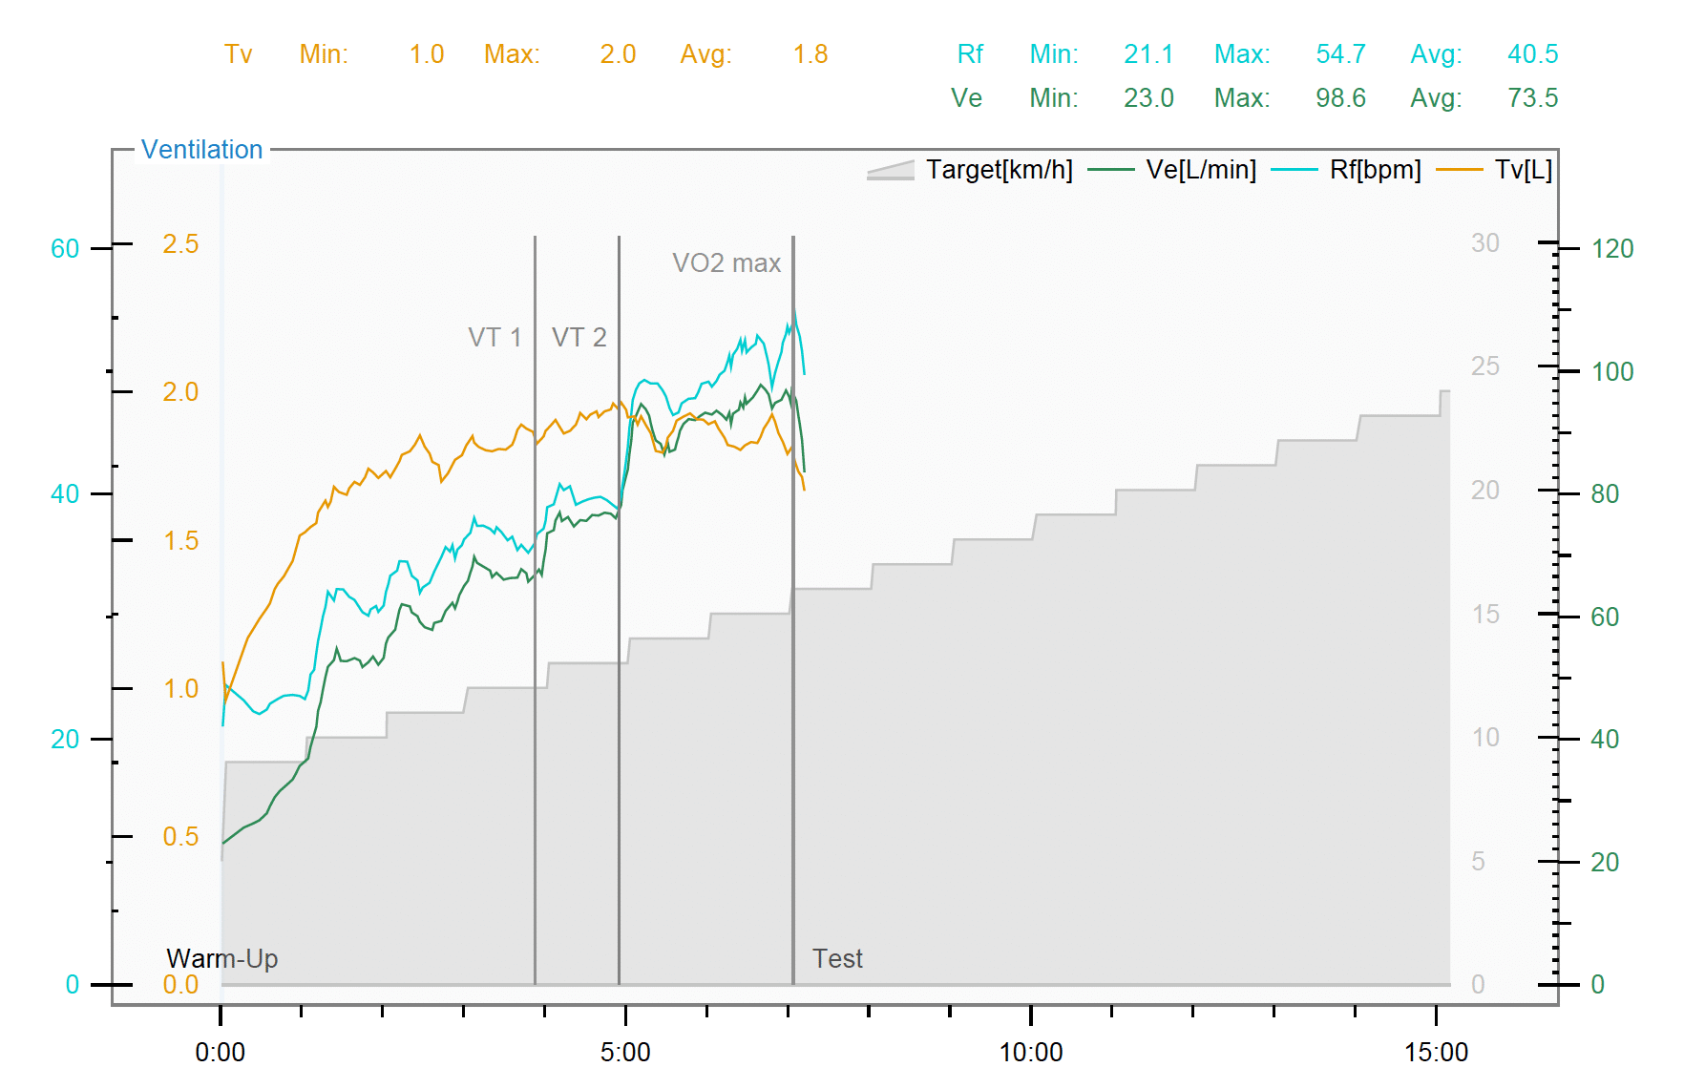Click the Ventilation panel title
click(x=201, y=150)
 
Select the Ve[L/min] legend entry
click(x=1200, y=170)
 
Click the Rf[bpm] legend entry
click(x=1375, y=170)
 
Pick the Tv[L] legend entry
click(x=1523, y=170)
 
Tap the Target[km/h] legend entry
click(x=999, y=170)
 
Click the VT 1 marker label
click(x=495, y=337)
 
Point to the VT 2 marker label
click(x=579, y=337)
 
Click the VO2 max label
click(x=726, y=262)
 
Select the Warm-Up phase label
click(x=222, y=958)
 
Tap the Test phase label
click(x=837, y=958)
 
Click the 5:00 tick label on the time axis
click(x=625, y=1052)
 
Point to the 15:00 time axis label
click(x=1436, y=1052)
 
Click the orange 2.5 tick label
click(x=180, y=244)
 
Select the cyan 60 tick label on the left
click(x=65, y=249)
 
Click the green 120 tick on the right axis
click(x=1612, y=249)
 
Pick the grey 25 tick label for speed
click(x=1484, y=366)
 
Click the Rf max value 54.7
click(x=1340, y=54)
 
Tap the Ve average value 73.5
click(x=1532, y=98)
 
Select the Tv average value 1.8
click(x=810, y=54)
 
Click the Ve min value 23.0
click(x=1148, y=98)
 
